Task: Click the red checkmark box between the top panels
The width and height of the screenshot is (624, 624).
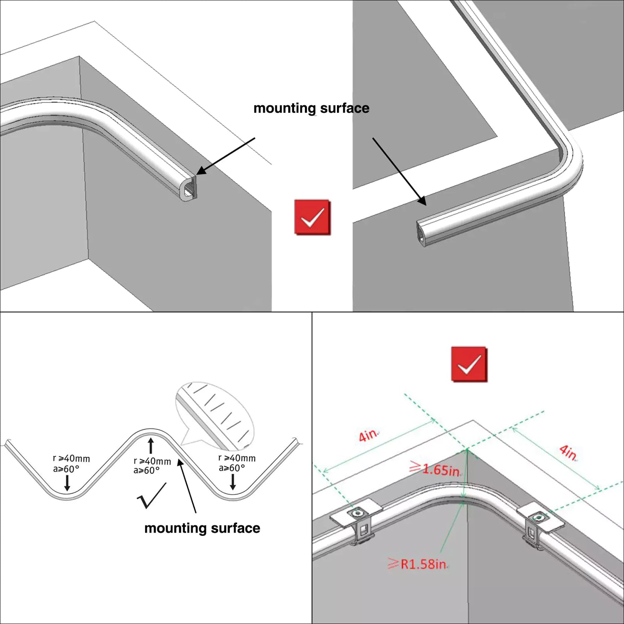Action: (313, 217)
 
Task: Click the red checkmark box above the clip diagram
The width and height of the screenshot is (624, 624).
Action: (469, 364)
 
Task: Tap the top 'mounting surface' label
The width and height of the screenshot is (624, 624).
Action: (312, 108)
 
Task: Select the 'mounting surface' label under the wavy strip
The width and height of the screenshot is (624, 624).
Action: (202, 528)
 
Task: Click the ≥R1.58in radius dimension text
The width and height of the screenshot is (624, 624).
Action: (418, 564)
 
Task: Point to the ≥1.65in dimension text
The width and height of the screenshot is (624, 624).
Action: (435, 469)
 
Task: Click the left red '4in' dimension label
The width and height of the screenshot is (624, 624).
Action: (368, 435)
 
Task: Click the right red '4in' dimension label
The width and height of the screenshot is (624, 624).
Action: (568, 452)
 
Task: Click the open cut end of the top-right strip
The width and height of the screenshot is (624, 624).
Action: (422, 234)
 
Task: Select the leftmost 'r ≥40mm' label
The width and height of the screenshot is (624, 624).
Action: (71, 458)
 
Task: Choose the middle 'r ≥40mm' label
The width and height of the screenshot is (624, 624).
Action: (152, 461)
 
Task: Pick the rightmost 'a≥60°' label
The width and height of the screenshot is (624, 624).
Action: (232, 468)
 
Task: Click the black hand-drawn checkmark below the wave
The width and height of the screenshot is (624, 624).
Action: (151, 495)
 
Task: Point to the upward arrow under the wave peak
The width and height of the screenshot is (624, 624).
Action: (151, 446)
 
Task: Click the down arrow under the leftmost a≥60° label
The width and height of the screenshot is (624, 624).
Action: (67, 483)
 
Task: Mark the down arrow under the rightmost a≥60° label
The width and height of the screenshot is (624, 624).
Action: (233, 481)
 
